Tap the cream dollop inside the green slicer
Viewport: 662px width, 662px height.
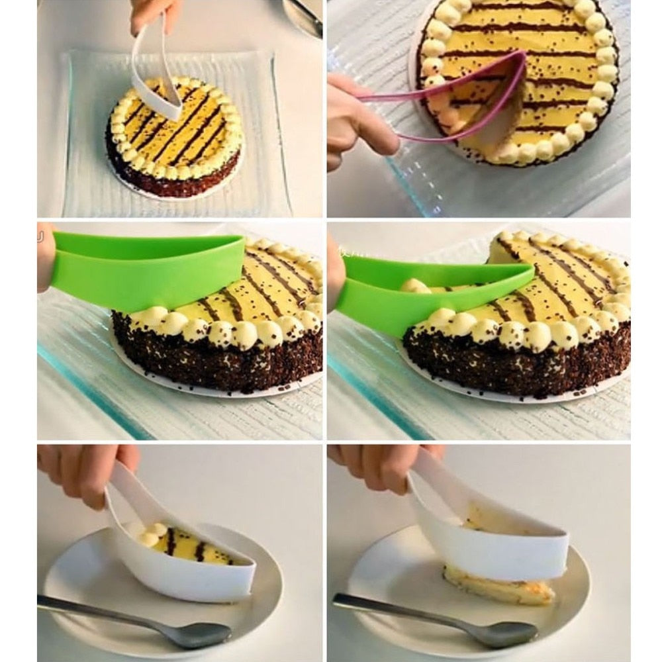[414, 286]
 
